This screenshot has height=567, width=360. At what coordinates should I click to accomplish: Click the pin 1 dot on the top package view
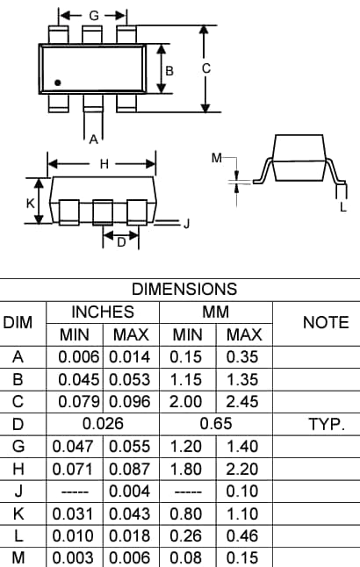[x=58, y=83]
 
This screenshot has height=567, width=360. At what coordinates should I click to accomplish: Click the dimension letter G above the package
[x=94, y=16]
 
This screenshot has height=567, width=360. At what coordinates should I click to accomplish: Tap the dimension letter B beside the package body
[x=170, y=69]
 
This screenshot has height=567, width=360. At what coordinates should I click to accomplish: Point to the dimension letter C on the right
[x=205, y=69]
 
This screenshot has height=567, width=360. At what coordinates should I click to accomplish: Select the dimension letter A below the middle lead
[x=93, y=138]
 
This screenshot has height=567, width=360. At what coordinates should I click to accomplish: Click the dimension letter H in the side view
[x=104, y=164]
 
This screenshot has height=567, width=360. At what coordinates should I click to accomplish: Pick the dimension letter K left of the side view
[x=30, y=202]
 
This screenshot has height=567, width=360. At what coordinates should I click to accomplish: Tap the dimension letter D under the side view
[x=121, y=243]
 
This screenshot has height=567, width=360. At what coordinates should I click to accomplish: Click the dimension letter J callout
[x=185, y=225]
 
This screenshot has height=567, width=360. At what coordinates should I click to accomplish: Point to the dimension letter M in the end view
[x=217, y=159]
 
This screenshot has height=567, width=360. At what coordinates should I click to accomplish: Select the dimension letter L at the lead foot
[x=342, y=207]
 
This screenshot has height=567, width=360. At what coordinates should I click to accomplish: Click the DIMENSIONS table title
[x=184, y=289]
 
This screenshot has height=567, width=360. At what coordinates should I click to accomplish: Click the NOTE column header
[x=325, y=322]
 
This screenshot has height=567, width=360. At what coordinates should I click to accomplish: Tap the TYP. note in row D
[x=325, y=424]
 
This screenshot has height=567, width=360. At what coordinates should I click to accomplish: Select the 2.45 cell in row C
[x=244, y=402]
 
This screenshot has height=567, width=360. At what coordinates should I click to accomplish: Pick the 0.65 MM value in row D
[x=216, y=424]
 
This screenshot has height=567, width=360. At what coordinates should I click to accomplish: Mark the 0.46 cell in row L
[x=244, y=535]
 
